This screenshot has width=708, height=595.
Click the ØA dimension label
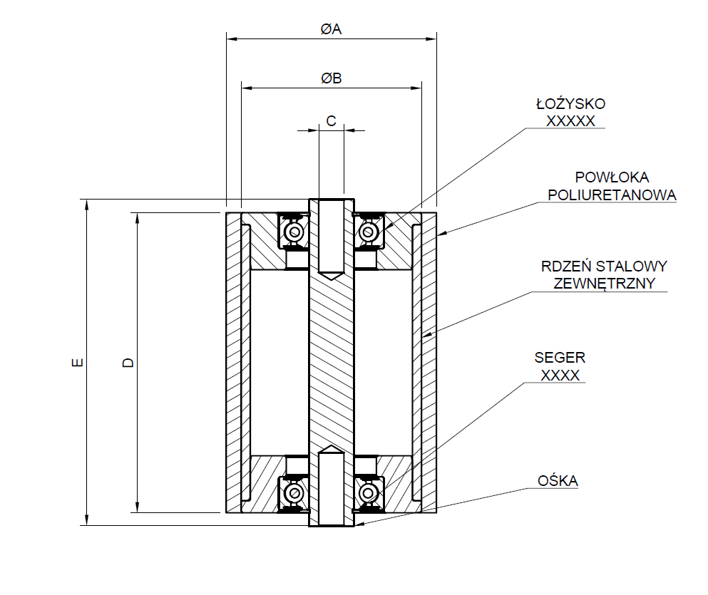(331, 29)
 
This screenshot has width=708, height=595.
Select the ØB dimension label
(331, 78)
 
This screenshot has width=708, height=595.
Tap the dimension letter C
(332, 121)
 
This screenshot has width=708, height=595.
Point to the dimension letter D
(129, 363)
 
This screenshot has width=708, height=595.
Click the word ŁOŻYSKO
(570, 105)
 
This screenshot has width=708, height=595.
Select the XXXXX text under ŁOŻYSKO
(570, 121)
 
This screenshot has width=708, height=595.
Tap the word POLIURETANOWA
(610, 195)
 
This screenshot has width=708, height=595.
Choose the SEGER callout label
(560, 358)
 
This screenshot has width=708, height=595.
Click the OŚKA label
(558, 482)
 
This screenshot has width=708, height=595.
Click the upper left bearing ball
(294, 232)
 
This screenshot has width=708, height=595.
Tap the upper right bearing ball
(369, 232)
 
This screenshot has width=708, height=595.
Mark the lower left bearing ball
(294, 493)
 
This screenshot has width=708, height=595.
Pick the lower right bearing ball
(369, 493)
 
